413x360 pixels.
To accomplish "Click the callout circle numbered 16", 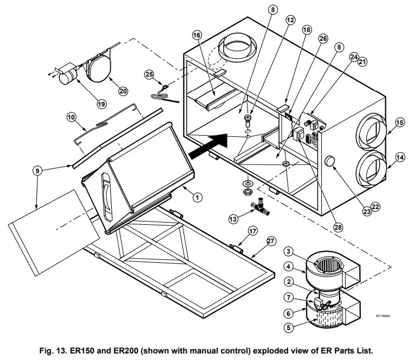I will tap(196, 34).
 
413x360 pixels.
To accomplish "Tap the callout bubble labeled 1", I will tap(198, 197).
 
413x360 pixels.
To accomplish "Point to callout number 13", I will tap(233, 219).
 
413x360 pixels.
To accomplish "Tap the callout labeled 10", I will tap(72, 116).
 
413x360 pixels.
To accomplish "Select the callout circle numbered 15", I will tap(400, 122).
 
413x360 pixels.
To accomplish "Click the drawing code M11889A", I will tap(384, 315).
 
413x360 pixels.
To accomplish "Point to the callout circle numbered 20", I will tap(123, 91).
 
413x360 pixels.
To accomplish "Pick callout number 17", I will tap(252, 230).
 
